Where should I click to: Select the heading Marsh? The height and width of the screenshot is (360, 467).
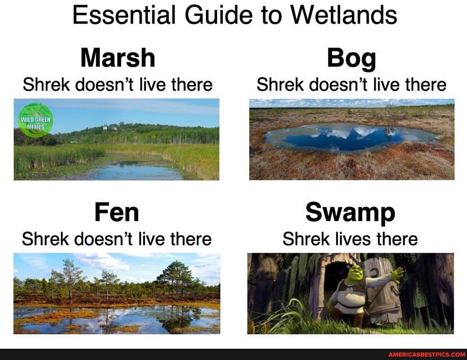pos(117,58)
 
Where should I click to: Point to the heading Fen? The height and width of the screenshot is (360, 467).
pos(116,213)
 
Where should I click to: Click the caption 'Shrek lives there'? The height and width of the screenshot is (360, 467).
pos(350,239)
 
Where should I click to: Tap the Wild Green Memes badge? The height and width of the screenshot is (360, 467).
pos(36,117)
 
